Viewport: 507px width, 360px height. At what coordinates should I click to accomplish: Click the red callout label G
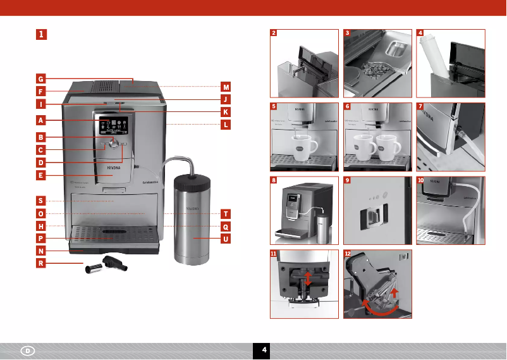coord(40,79)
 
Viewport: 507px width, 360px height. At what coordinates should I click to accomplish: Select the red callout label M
coord(226,87)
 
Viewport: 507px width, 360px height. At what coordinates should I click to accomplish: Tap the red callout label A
coord(40,120)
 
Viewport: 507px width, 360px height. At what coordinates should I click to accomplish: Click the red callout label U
coord(226,239)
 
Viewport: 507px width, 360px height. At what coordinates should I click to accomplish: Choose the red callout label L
coord(226,125)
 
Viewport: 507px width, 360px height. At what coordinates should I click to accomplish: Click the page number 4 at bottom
coord(264,350)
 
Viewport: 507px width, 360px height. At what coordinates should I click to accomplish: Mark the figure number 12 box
coord(348,253)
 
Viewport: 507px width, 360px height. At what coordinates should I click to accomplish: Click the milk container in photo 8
coord(323,227)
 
